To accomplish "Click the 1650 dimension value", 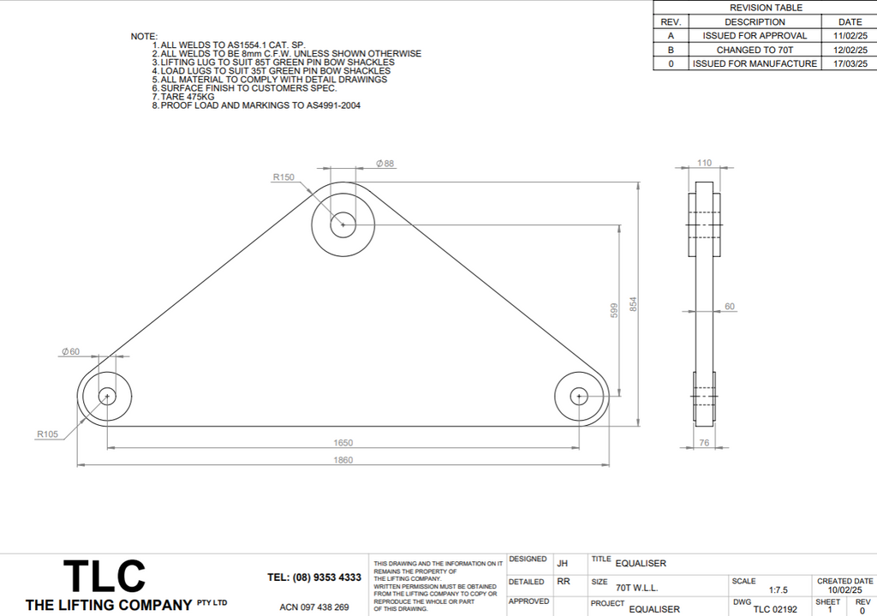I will coord(343,443).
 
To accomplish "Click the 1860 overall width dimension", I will coord(343,460).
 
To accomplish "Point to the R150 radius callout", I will coord(283,177).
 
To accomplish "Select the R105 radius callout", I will coord(47,434).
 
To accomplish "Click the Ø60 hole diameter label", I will coord(70,351).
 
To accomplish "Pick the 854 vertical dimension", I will coord(634,304).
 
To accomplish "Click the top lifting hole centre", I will coord(343,224).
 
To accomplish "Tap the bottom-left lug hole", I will coord(107,396).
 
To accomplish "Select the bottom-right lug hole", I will coord(579,396).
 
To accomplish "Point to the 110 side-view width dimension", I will coord(705,163).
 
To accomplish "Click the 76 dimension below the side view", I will coord(705,443).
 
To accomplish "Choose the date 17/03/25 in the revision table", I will coord(850,63).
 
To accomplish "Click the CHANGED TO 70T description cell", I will coord(755,50).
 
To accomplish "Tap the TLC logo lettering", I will coord(104,577).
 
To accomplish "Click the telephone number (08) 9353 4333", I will coord(314,577).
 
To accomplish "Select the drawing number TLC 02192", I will coord(775,609).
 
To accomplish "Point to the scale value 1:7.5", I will coord(779,589).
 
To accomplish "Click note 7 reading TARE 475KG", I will coord(188,97).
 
